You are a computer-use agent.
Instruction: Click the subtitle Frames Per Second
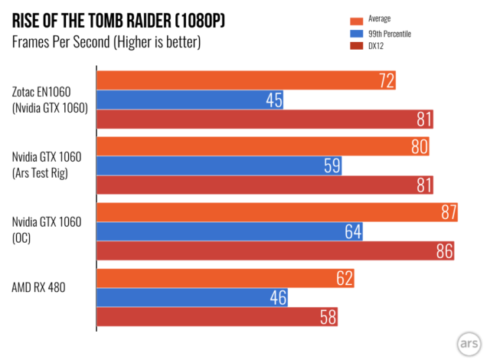pyautogui.click(x=106, y=42)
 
